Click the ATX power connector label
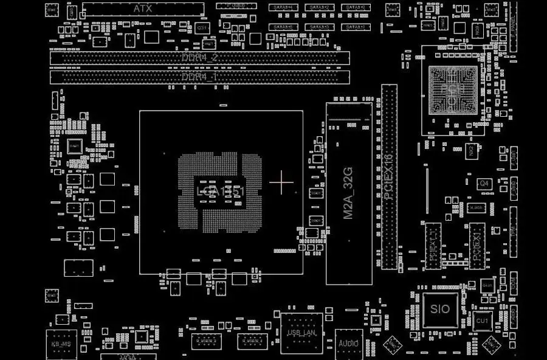click(x=143, y=9)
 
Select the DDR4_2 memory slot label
click(x=200, y=58)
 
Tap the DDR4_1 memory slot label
click(x=200, y=77)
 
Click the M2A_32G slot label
click(x=349, y=193)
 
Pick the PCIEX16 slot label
click(x=389, y=176)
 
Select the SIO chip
click(x=440, y=309)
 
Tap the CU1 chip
click(x=482, y=320)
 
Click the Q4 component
click(x=484, y=183)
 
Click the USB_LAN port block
click(x=301, y=333)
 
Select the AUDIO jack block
click(x=349, y=343)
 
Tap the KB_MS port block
click(x=61, y=344)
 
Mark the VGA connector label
click(x=128, y=356)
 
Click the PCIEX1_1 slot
click(x=433, y=245)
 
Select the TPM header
click(x=514, y=232)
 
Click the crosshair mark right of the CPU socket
click(x=281, y=182)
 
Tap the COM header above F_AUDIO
click(x=514, y=281)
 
